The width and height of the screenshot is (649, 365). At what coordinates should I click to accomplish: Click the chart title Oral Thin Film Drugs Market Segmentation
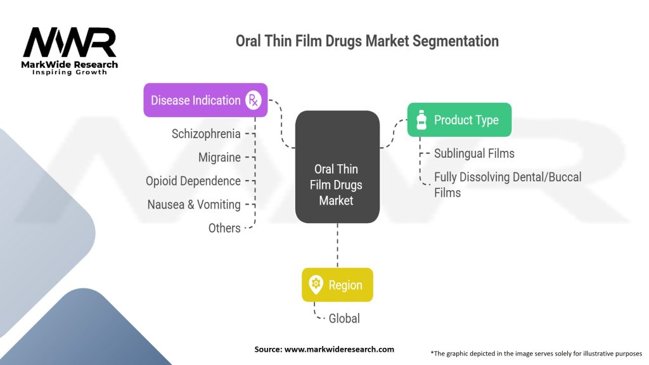[x=367, y=41]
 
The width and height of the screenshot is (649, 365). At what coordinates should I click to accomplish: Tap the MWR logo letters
[x=70, y=43]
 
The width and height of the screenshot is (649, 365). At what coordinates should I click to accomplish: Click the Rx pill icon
[x=254, y=100]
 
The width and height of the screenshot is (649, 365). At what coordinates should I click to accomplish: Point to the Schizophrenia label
[x=206, y=134]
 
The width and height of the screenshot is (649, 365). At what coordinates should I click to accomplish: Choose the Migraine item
[x=219, y=157]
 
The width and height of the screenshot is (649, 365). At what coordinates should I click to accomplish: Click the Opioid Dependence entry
[x=193, y=181]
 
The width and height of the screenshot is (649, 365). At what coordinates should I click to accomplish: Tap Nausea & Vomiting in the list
[x=194, y=205]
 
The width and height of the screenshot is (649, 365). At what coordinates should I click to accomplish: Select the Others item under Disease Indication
[x=224, y=228]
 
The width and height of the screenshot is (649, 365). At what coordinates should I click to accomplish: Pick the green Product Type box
[x=459, y=120]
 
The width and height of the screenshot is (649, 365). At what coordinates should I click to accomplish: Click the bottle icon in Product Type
[x=421, y=120]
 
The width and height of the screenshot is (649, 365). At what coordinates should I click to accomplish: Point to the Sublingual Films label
[x=474, y=153]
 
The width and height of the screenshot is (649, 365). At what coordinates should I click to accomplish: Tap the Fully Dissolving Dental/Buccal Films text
[x=507, y=184]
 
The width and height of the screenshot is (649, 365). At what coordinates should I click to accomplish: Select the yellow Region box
[x=337, y=285]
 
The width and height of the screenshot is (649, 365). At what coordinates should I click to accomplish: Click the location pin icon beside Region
[x=315, y=285]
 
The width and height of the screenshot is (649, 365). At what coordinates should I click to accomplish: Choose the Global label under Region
[x=344, y=319]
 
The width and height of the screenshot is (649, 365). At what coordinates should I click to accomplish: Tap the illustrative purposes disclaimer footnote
[x=536, y=353]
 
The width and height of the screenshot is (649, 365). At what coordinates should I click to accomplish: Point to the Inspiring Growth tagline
[x=70, y=72]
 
